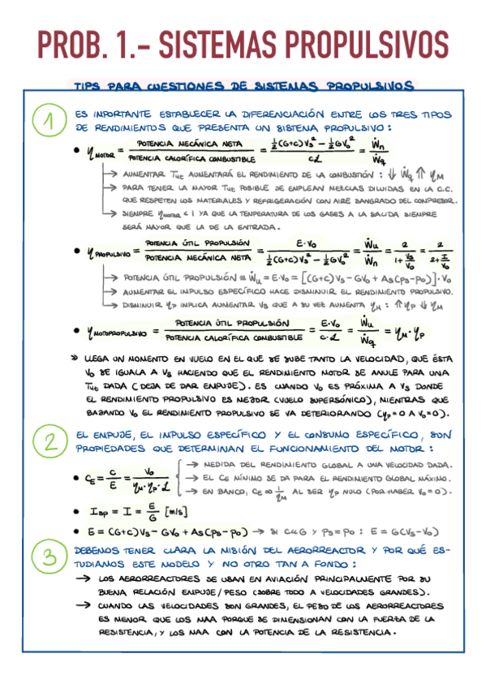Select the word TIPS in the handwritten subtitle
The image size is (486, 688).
(88, 86)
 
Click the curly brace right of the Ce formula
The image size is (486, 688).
(178, 478)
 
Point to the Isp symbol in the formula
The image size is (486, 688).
(96, 511)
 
